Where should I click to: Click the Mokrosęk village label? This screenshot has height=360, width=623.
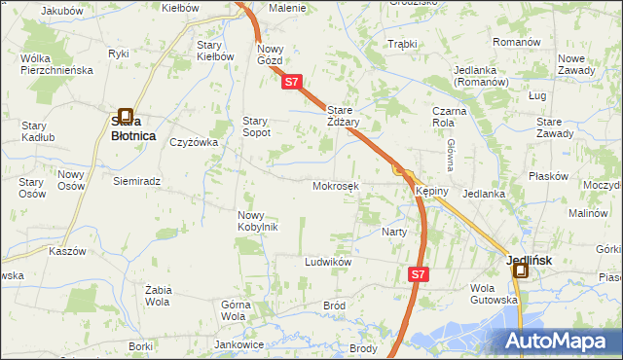coord(336,186)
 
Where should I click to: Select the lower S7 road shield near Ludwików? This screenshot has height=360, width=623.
coord(418,275)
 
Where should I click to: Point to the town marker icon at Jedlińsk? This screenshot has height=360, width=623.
coord(521,271)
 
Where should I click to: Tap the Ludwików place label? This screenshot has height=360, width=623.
coord(327,263)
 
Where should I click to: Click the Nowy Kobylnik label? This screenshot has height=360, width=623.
coord(258,221)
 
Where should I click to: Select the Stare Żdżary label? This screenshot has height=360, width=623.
coord(344,117)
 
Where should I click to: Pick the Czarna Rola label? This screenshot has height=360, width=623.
coord(444,117)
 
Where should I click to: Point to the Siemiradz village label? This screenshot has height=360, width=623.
coord(136,181)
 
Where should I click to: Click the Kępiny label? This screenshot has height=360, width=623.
coord(431,191)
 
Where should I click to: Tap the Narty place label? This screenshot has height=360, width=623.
coord(394,232)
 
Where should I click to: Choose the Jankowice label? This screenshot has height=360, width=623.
coord(239,344)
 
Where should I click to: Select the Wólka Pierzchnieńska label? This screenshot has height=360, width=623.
coord(55,64)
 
